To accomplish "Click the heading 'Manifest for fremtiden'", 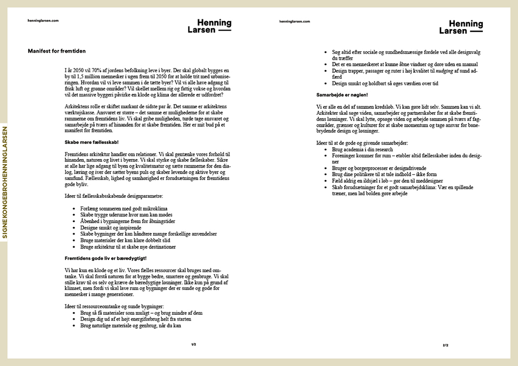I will [x=57, y=51].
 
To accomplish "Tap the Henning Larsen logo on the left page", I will [x=210, y=26].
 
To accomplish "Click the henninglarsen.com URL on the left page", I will [x=43, y=20].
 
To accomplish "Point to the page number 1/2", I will [x=193, y=344].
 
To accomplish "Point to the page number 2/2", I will [x=445, y=345].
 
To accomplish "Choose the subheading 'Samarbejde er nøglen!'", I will [x=342, y=95].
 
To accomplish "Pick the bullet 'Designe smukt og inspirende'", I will [x=111, y=227].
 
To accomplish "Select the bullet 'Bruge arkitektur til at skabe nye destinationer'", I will [x=128, y=247].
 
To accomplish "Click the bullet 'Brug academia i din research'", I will [x=362, y=149].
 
